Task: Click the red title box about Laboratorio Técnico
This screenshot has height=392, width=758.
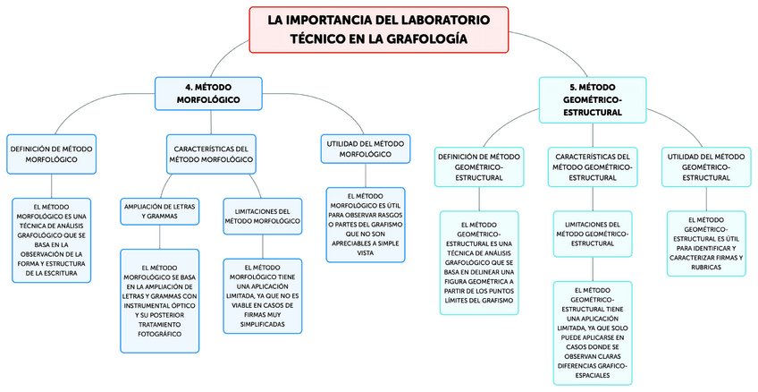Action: click(380, 29)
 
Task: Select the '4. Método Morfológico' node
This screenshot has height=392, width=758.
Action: click(208, 93)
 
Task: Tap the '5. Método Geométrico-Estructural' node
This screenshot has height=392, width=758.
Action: click(593, 99)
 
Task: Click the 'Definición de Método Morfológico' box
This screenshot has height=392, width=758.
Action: click(51, 153)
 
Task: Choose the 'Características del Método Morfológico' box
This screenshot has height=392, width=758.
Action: click(211, 153)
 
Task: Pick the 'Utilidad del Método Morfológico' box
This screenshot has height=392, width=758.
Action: click(365, 149)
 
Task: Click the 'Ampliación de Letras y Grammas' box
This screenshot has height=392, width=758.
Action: click(159, 211)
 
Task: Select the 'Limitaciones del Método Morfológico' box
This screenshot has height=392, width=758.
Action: click(262, 216)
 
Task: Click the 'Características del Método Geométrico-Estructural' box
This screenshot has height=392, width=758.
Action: click(593, 166)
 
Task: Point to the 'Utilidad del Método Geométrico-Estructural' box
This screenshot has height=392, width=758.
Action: click(706, 166)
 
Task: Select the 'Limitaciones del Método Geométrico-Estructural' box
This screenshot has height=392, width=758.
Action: click(592, 234)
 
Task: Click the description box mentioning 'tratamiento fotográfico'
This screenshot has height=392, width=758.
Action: click(159, 300)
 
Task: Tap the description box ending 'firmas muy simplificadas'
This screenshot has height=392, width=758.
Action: click(262, 295)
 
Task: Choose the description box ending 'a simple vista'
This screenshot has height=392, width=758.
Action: click(365, 224)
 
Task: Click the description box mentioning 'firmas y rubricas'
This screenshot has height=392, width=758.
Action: click(706, 243)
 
